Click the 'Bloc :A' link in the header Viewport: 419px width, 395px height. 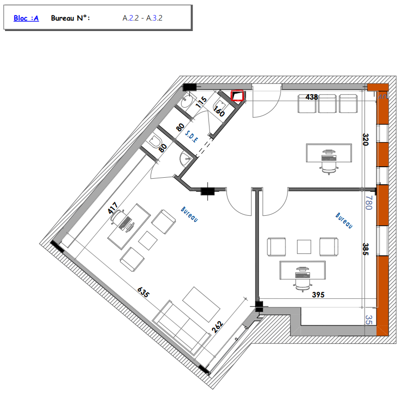click(26, 18)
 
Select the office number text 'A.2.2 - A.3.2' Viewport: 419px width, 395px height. click(142, 18)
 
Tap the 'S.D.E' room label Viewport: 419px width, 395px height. click(191, 136)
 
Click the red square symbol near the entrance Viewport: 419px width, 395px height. click(237, 96)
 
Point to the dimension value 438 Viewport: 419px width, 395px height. click(311, 97)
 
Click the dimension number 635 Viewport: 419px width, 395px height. click(143, 292)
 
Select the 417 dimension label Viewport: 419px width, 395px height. click(113, 208)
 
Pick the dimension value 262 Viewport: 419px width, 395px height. click(217, 327)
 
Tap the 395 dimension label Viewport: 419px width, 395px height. click(318, 295)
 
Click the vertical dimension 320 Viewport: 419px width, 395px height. click(365, 140)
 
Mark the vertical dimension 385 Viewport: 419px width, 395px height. click(365, 249)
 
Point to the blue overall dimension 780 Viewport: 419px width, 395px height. click(368, 203)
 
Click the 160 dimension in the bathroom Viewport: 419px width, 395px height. click(219, 111)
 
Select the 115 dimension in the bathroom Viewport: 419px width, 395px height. click(201, 102)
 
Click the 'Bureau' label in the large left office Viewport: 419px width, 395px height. click(189, 214)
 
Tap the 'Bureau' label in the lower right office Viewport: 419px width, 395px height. click(344, 220)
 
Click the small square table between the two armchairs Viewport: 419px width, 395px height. click(304, 246)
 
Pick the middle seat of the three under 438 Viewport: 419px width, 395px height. click(327, 104)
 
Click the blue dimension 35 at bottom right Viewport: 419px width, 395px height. click(368, 320)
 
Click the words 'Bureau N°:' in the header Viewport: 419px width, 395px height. click(70, 18)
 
